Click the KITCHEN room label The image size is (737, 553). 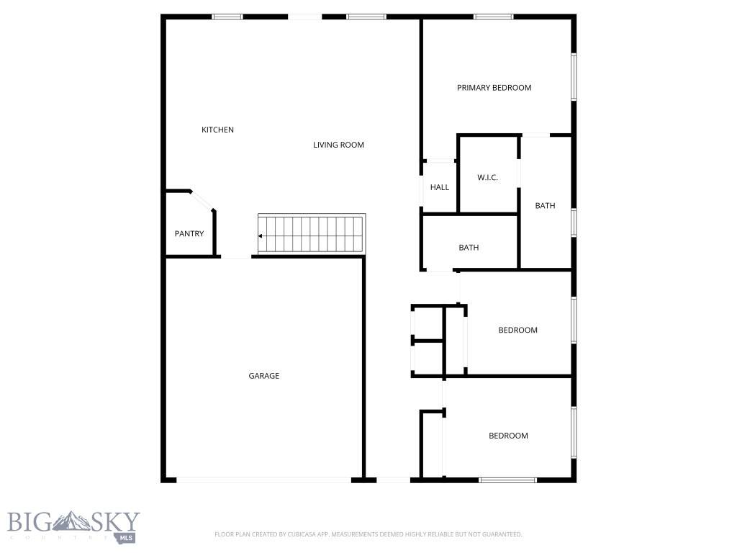(x=217, y=130)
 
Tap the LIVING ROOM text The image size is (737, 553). (x=338, y=145)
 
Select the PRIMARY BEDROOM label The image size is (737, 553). (x=494, y=88)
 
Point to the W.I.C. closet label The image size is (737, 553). (x=487, y=177)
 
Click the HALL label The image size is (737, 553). (x=440, y=187)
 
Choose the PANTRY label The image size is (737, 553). (x=189, y=233)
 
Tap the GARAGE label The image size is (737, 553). (x=263, y=376)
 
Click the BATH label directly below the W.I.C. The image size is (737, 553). (x=469, y=248)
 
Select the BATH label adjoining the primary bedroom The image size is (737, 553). (x=545, y=206)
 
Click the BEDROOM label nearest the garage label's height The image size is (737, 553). (x=508, y=436)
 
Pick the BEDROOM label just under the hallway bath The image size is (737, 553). (x=517, y=331)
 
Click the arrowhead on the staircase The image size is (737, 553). (x=261, y=236)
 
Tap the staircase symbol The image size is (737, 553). (x=312, y=234)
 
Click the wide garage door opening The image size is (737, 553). (x=263, y=480)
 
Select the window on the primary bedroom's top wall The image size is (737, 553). (x=493, y=17)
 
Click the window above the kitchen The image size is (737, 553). (x=227, y=17)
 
